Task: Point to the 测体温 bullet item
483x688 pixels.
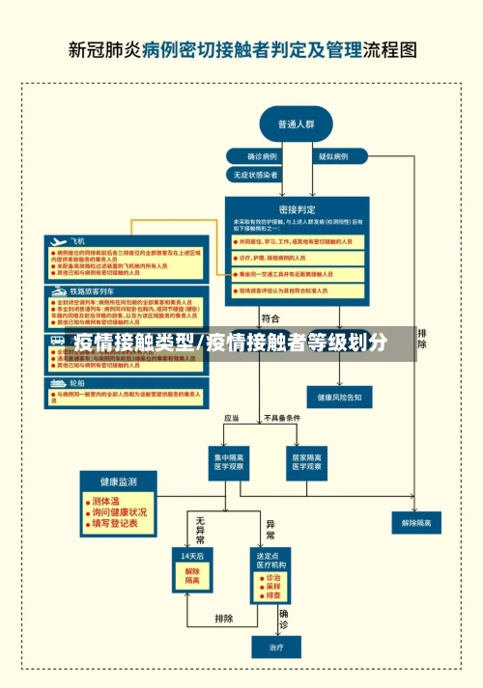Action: (105, 501)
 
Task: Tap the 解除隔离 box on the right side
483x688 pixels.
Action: (416, 522)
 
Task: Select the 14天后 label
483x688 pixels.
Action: (191, 557)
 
